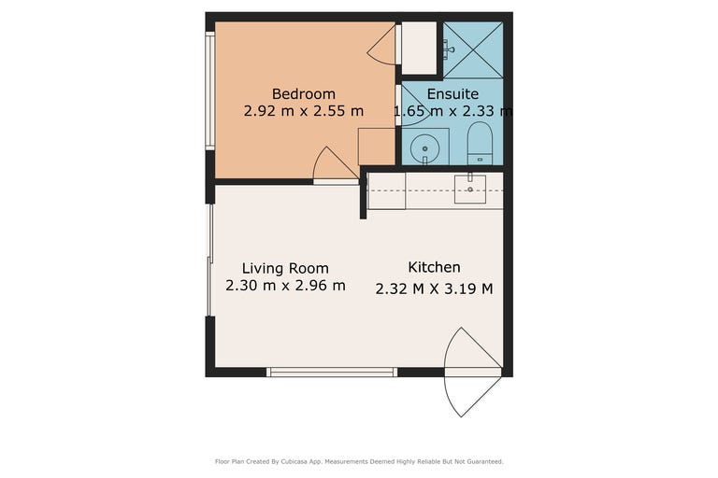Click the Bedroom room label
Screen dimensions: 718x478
[304, 93]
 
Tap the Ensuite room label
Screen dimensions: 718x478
[452, 93]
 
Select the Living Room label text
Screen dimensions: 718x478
[285, 269]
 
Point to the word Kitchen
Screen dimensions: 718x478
[434, 267]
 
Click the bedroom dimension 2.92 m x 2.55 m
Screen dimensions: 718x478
[304, 111]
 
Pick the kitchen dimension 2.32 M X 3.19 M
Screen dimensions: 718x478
[434, 289]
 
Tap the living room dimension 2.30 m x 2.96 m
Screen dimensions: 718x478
[285, 286]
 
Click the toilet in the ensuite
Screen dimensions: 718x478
[480, 143]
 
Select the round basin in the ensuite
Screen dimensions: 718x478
[425, 148]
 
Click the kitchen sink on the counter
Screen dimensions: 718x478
[470, 189]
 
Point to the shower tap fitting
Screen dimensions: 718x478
[448, 48]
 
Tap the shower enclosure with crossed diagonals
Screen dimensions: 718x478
[473, 49]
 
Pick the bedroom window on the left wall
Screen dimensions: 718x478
[209, 91]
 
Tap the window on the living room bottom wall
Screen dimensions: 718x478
[332, 372]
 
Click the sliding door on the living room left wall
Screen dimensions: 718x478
[210, 260]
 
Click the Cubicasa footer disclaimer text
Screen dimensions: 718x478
[359, 461]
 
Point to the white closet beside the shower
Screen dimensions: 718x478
[419, 48]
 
